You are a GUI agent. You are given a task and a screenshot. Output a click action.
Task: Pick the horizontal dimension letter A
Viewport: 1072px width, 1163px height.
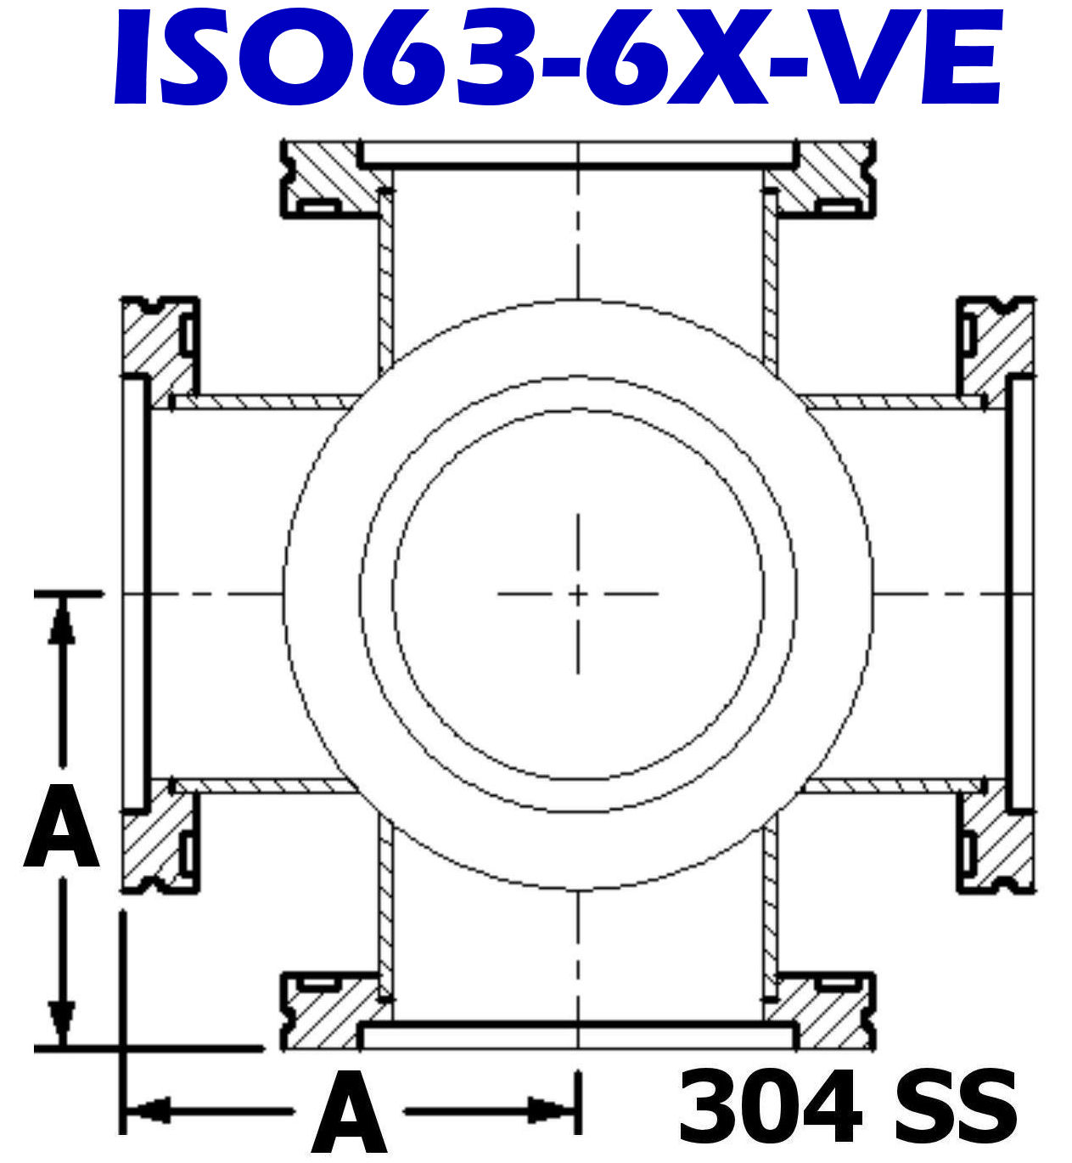click(x=349, y=1113)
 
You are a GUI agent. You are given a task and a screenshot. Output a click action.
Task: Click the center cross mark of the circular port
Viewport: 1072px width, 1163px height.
click(x=578, y=594)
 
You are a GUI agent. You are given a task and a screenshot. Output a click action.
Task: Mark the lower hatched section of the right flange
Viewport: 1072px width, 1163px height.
click(x=1002, y=845)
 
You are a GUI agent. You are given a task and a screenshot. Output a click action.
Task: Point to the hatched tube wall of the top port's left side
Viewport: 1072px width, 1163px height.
click(x=386, y=280)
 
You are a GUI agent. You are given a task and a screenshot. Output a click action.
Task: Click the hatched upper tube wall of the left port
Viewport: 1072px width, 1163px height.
click(x=263, y=402)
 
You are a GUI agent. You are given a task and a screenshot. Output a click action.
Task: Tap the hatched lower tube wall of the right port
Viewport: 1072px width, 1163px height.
click(x=891, y=786)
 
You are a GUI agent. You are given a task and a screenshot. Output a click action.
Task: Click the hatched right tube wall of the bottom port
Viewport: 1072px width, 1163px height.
click(x=770, y=909)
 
